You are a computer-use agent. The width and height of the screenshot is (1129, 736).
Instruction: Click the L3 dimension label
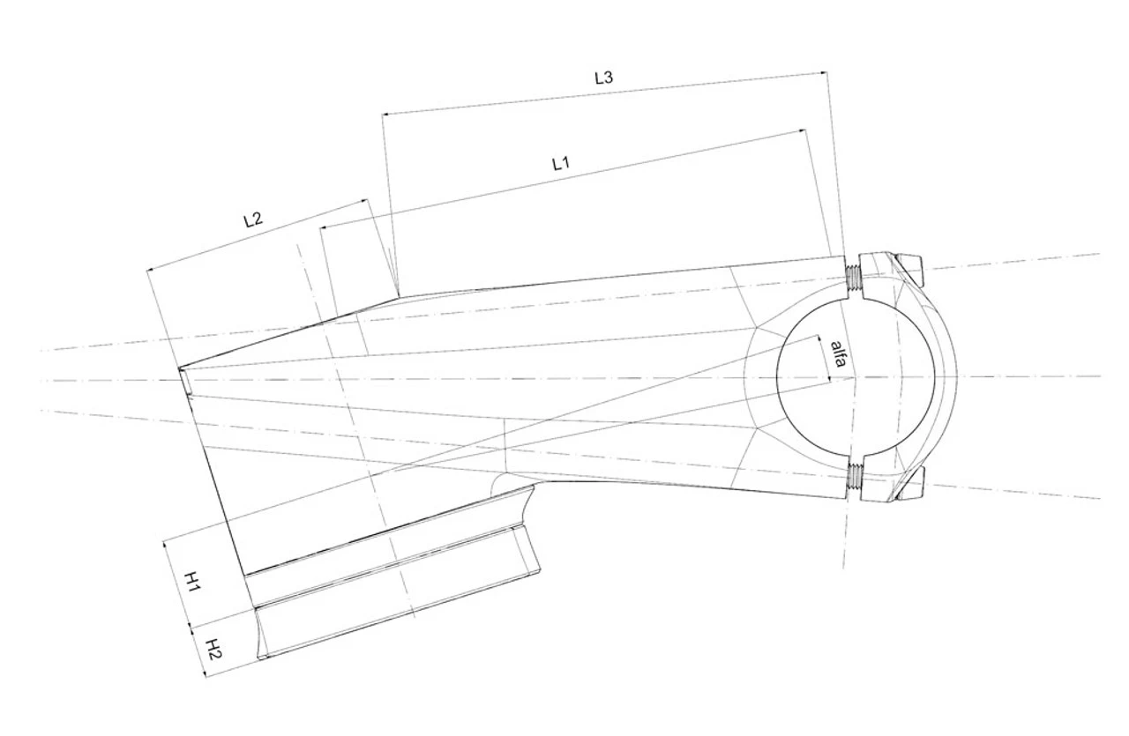pos(603,78)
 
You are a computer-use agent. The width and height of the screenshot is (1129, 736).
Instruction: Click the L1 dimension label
pos(561,164)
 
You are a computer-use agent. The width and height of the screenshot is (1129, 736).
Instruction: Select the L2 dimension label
pos(253,219)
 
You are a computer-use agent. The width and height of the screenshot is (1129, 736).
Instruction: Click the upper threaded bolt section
pos(853,279)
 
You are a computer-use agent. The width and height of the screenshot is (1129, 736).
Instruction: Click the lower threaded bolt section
pos(855,477)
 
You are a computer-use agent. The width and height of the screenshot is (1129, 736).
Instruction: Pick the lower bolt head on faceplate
pos(910,483)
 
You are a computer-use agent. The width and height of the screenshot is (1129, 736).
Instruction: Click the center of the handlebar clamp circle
pos(856,377)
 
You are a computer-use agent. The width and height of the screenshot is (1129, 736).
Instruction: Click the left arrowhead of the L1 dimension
pos(324,227)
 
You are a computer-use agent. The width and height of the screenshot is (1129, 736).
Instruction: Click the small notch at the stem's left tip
pos(184,381)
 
